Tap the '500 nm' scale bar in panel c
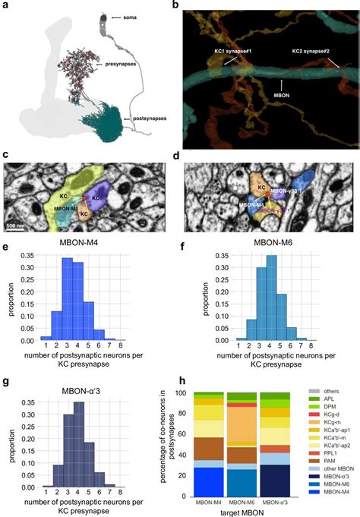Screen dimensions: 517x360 pyautogui.click(x=17, y=226)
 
